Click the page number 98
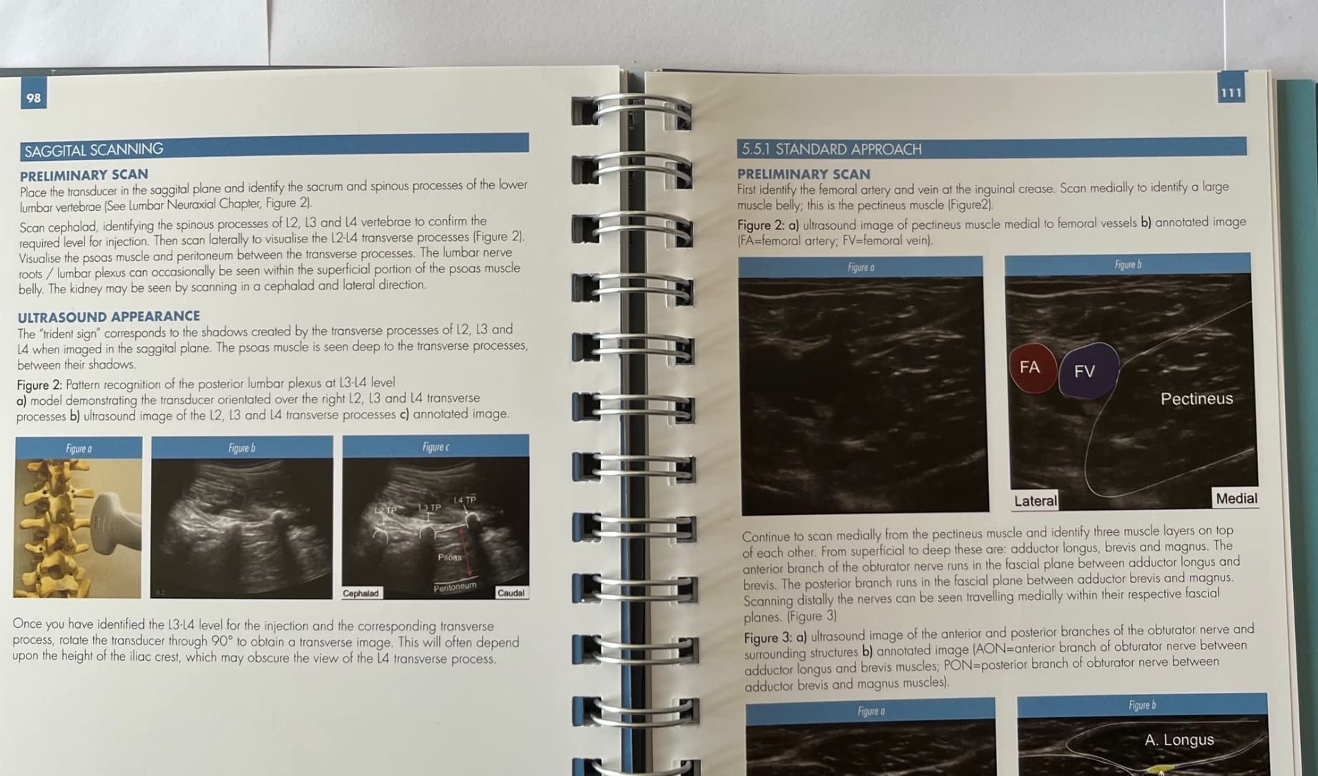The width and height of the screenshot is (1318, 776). coord(34,98)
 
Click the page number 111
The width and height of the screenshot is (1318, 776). coord(1231,93)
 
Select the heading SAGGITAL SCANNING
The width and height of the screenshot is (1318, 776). coord(94,149)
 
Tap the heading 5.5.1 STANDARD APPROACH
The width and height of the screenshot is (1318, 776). coord(831,149)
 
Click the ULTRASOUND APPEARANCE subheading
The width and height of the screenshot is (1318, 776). coord(109,316)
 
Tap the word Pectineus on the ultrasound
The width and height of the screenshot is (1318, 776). coord(1196,399)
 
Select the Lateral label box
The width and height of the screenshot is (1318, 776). coord(1035,501)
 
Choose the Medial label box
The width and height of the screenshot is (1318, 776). coord(1236,498)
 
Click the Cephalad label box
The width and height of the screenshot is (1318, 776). coord(361,593)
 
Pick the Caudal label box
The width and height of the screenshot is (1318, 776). coord(511,593)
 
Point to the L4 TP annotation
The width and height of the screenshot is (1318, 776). coord(465,500)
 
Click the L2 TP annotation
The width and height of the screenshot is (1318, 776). coord(386,510)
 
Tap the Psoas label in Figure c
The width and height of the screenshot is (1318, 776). coord(450,556)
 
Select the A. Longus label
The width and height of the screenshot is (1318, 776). coord(1179,740)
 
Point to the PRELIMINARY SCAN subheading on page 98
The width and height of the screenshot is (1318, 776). coord(84,175)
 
